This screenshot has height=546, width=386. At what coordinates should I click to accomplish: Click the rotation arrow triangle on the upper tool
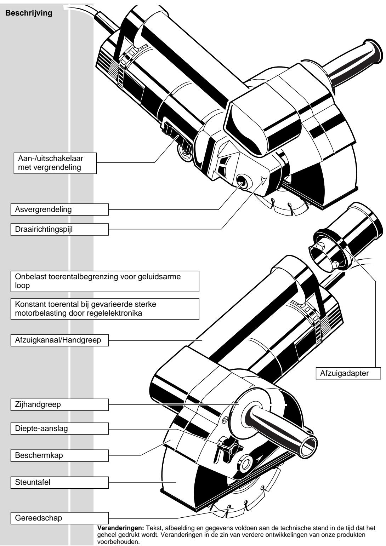point(262,180)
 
